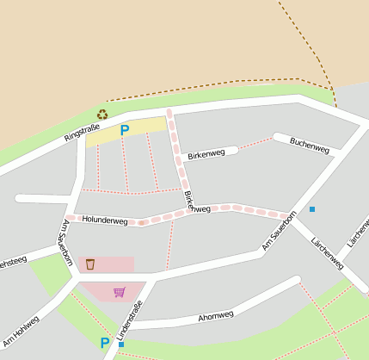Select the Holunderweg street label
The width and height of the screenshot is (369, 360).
click(105, 221)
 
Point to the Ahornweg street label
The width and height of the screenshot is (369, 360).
click(216, 316)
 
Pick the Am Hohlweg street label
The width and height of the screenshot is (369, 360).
click(21, 329)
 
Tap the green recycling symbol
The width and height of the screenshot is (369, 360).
click(102, 114)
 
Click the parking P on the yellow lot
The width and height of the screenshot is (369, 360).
click(124, 131)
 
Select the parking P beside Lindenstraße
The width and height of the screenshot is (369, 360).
click(105, 343)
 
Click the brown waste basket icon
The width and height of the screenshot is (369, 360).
click(90, 264)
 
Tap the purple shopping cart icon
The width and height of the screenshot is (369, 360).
click(119, 292)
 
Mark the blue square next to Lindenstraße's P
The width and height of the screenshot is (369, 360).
click(121, 344)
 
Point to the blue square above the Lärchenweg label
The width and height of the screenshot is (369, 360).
click(312, 209)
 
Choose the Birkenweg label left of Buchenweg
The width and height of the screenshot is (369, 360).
click(206, 154)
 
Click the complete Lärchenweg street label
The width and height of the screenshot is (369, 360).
click(329, 251)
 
